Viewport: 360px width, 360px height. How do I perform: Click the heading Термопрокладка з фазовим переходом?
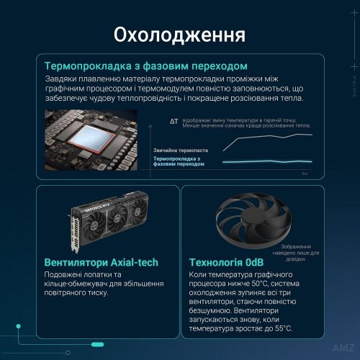[x=146, y=66]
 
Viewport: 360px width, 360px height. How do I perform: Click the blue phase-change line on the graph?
[x=266, y=161]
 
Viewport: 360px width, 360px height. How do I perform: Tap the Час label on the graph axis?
[x=305, y=174]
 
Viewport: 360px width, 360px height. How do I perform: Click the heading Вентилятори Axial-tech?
[x=101, y=263]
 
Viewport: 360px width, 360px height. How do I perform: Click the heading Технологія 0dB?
[x=225, y=263]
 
